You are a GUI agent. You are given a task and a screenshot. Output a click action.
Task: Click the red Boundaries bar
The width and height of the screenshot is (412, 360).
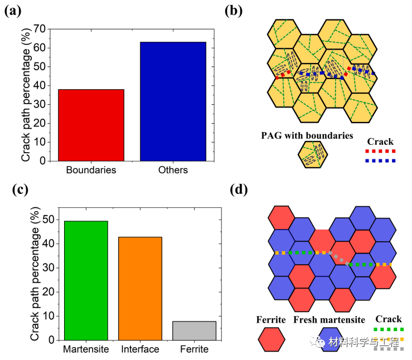[91, 125]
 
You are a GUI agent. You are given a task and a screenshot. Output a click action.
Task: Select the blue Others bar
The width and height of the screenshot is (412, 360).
[173, 101]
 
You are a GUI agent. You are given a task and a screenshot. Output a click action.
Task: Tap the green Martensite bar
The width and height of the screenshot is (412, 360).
[86, 280]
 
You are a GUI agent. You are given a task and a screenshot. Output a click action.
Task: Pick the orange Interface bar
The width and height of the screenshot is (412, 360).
[140, 288]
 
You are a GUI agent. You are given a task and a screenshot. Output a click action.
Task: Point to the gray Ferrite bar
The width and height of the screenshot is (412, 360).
[194, 330]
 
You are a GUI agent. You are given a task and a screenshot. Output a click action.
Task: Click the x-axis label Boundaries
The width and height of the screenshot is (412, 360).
[91, 170]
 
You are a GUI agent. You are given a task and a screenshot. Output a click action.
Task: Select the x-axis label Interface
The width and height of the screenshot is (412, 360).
[140, 349]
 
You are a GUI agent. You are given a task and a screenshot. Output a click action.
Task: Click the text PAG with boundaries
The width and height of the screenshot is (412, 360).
[307, 135]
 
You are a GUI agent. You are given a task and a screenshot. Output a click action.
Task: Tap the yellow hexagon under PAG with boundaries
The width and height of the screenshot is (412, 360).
[313, 154]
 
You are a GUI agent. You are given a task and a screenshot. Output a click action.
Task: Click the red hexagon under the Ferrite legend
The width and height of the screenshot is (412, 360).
[272, 339]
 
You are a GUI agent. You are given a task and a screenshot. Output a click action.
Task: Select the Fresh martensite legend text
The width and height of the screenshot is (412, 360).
[329, 320]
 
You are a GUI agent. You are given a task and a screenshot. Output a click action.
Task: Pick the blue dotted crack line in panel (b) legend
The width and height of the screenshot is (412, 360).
[380, 161]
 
